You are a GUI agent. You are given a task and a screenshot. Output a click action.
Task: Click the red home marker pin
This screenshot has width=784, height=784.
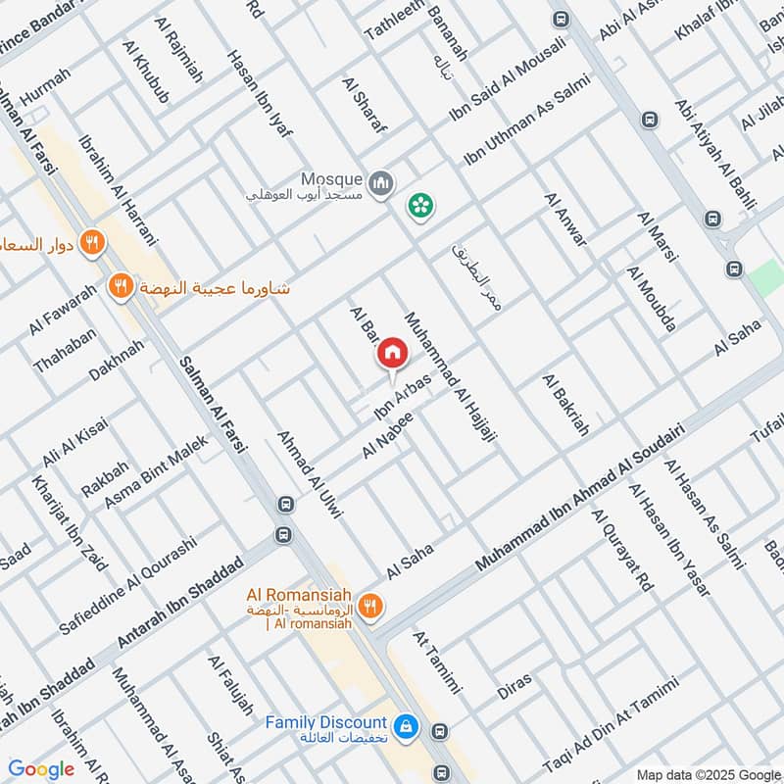392,353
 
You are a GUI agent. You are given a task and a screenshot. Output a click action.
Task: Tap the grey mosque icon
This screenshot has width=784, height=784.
381,182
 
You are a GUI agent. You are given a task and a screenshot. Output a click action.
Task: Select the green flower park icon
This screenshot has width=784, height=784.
422,206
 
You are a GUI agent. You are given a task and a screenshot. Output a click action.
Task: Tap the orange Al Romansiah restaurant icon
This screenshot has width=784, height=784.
369,606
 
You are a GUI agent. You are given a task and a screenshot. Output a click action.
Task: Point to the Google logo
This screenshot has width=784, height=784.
41,769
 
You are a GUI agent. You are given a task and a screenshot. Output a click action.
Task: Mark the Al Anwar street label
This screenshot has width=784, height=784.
566,220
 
